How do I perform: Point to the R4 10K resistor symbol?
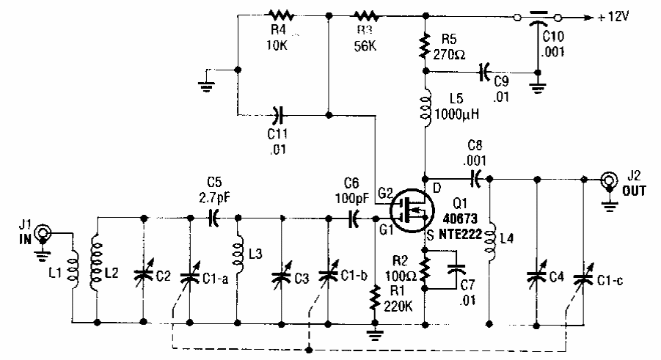280,15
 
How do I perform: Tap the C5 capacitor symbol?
214,217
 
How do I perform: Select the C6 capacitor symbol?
354,217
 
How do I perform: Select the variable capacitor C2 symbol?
142,275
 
